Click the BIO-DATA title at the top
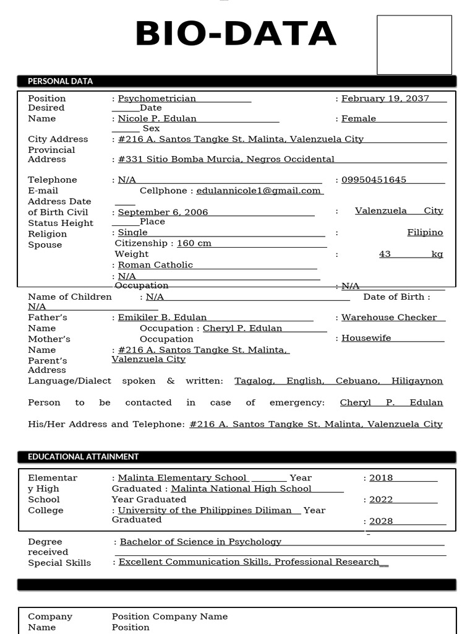[x=236, y=35]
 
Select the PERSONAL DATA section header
[x=60, y=81]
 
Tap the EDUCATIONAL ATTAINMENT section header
[x=83, y=457]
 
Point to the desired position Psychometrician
[x=157, y=98]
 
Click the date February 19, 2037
[x=385, y=98]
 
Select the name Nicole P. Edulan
[x=157, y=119]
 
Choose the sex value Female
[x=359, y=119]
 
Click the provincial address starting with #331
[x=226, y=159]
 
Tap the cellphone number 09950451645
[x=374, y=180]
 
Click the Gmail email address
[x=260, y=191]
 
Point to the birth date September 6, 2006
[x=163, y=212]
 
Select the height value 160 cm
[x=194, y=243]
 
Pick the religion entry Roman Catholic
[x=155, y=265]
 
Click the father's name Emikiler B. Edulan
[x=162, y=318]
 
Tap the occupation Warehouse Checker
[x=389, y=318]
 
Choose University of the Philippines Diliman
[x=205, y=510]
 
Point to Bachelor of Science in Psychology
[x=200, y=542]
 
